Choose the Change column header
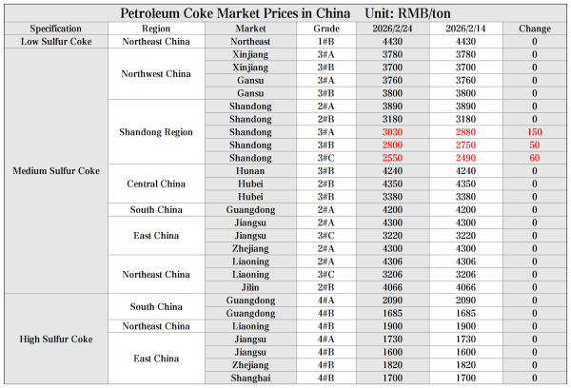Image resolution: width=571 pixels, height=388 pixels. (534, 29)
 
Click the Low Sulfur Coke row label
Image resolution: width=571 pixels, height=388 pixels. (55, 42)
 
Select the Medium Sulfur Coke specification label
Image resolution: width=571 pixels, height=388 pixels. (55, 171)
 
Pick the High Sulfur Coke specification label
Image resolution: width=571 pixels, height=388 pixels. (55, 339)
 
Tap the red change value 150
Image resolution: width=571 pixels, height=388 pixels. (534, 132)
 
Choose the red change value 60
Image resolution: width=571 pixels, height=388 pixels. (534, 158)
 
